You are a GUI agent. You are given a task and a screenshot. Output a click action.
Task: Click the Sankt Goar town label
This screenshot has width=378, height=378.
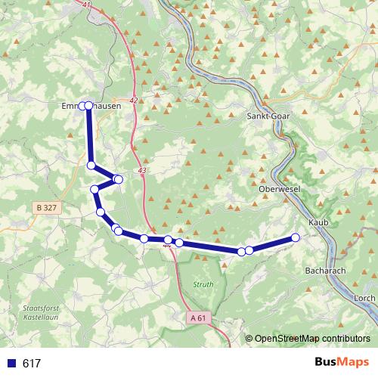click(268, 116)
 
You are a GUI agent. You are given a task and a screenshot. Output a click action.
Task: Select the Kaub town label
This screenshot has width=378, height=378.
click(318, 223)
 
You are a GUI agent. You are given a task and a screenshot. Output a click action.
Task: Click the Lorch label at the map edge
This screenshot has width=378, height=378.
click(364, 299)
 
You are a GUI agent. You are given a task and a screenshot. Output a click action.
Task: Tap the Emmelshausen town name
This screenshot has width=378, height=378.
click(91, 107)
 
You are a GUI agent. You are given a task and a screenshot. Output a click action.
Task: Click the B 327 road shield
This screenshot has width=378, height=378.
click(46, 207)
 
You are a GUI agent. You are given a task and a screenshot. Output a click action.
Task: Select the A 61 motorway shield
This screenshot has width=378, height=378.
click(198, 318)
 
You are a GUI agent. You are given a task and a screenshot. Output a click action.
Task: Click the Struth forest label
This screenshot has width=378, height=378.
click(203, 284)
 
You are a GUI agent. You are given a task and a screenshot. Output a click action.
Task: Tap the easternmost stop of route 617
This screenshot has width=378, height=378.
click(296, 237)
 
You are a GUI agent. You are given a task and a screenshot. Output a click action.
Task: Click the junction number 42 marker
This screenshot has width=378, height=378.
click(134, 101)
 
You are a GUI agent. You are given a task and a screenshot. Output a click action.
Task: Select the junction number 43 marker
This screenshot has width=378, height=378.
click(142, 172)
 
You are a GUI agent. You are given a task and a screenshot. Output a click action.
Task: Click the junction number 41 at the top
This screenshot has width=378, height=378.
click(87, 5)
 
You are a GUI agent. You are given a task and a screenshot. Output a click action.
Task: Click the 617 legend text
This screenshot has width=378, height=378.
click(32, 363)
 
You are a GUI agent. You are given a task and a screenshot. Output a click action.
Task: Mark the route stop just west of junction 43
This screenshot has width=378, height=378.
click(118, 179)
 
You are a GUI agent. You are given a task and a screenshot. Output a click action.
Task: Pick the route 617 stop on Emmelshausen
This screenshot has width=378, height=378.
click(88, 106)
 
